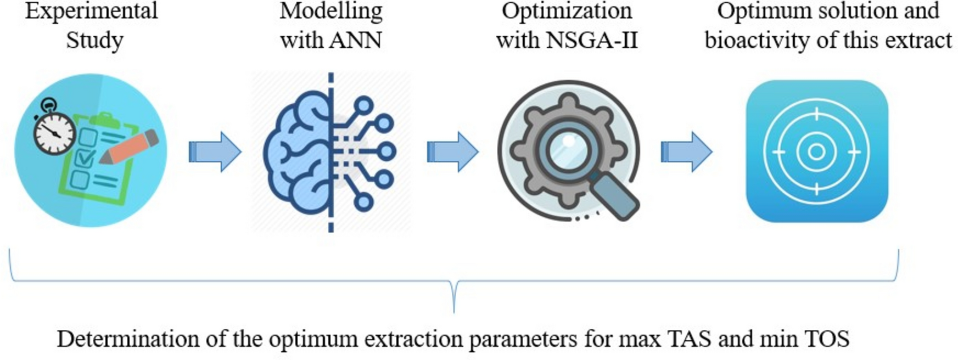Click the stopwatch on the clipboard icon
point(54,132)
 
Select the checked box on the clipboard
point(85,158)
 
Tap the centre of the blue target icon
point(816,151)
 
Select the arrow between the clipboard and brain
point(215,151)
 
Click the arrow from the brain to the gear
point(452,151)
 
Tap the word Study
point(94,40)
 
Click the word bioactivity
point(753,40)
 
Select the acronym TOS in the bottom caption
point(827,339)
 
